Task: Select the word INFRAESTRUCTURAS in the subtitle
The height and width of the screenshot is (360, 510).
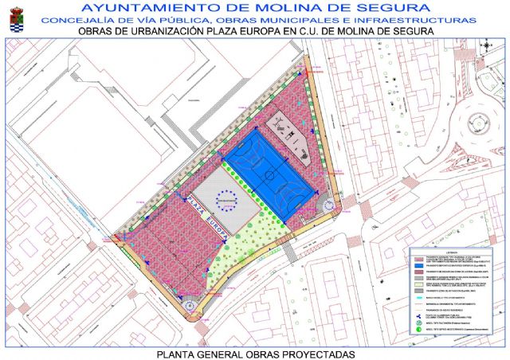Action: [425, 19]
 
